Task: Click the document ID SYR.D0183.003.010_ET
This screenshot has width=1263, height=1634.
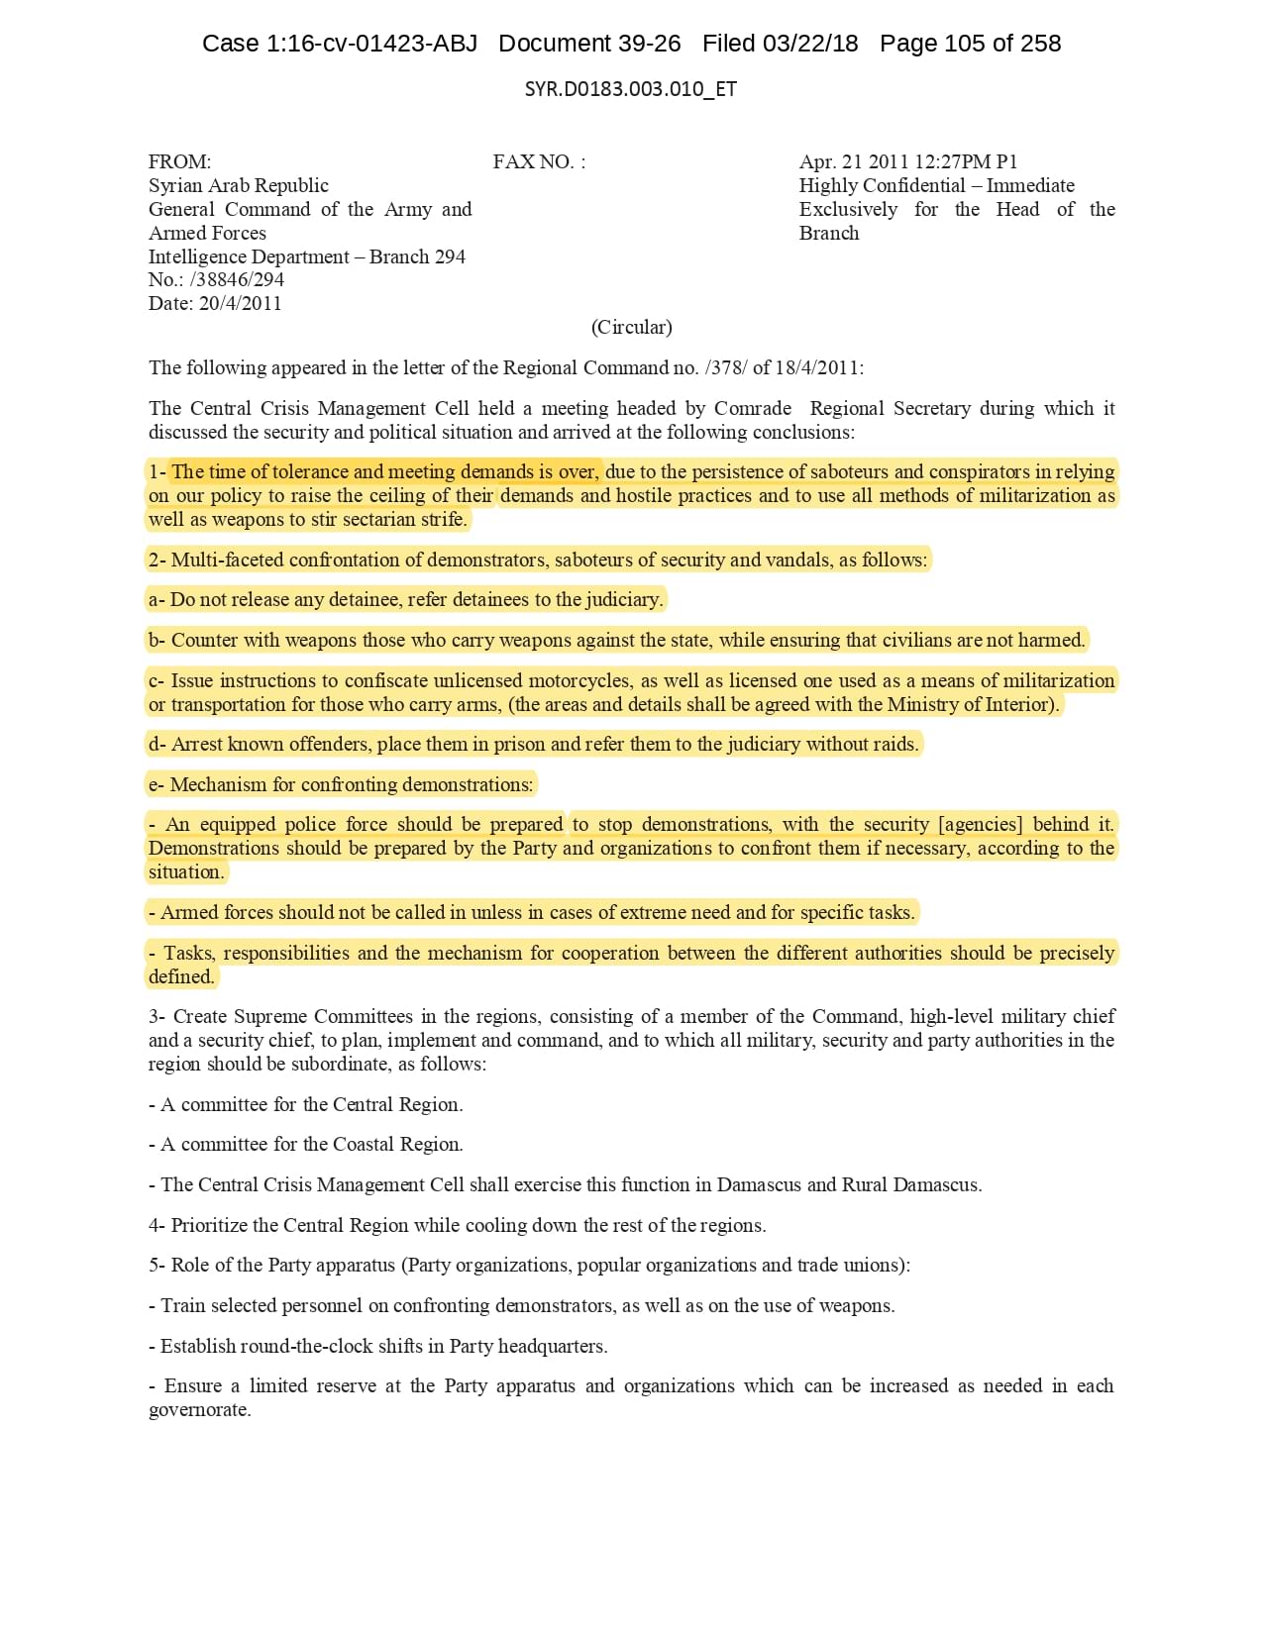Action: point(630,89)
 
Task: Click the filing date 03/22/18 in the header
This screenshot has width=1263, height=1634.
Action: point(809,44)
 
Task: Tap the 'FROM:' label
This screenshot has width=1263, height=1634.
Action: point(179,162)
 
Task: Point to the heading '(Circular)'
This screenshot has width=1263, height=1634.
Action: point(631,328)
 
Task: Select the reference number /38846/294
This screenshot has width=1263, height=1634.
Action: point(237,280)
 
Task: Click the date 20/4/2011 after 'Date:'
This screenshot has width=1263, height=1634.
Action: point(240,304)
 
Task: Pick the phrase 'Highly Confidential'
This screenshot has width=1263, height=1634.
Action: point(882,186)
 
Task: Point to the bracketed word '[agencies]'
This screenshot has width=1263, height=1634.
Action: point(981,825)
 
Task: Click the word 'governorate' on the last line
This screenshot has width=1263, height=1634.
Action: point(197,1410)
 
